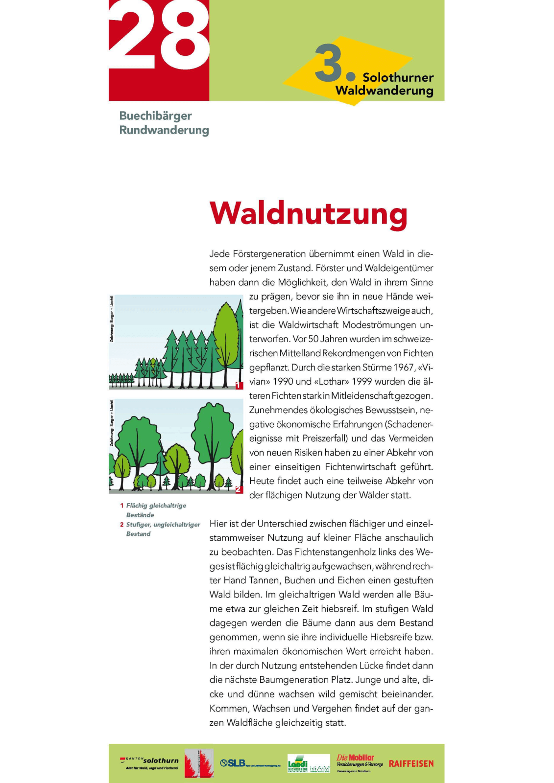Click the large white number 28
(x=159, y=37)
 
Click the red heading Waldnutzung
(x=308, y=214)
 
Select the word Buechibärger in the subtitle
(x=155, y=116)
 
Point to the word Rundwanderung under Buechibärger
(x=164, y=130)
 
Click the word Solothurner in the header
(x=398, y=78)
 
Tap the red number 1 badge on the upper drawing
(x=239, y=386)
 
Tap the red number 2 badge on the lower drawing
(x=239, y=489)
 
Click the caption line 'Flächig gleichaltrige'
(x=156, y=506)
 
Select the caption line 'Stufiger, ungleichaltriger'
(x=163, y=525)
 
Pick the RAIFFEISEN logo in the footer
(x=411, y=764)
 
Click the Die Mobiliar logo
(x=359, y=761)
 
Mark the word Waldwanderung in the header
(x=385, y=91)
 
